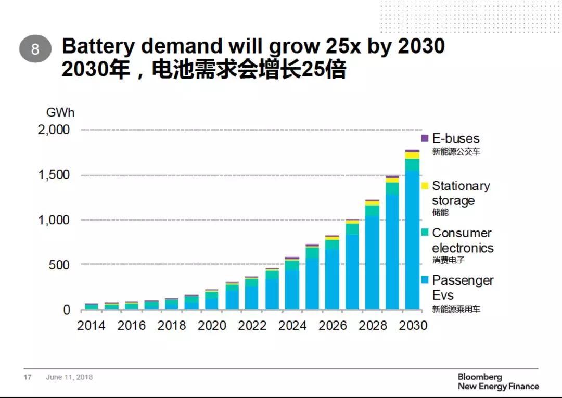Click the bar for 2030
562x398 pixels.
412,234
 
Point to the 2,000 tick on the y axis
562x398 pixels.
54,130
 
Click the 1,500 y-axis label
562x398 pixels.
54,175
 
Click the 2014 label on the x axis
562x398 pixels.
91,326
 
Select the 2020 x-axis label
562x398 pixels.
212,326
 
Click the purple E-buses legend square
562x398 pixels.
425,138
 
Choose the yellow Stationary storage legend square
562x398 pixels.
425,185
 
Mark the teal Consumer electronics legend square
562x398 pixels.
425,233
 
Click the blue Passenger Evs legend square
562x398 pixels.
425,280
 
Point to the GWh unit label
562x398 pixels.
60,113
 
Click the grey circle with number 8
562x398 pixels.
35,50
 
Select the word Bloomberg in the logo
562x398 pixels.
480,377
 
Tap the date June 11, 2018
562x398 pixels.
69,377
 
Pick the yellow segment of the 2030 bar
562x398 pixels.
412,156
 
